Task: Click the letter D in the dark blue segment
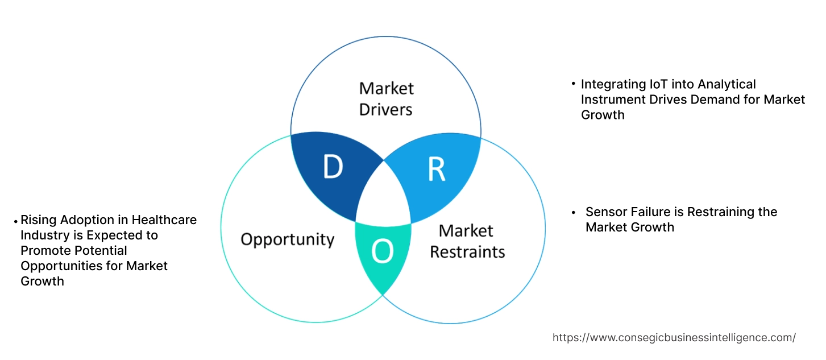tap(333, 167)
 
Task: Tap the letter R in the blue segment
tap(436, 169)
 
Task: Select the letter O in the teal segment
tap(383, 252)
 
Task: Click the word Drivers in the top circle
tap(385, 109)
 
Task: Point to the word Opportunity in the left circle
tap(287, 239)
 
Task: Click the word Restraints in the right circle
tap(467, 251)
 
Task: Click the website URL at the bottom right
tap(674, 337)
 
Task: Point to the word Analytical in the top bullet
tap(728, 84)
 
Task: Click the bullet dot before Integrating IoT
tap(574, 84)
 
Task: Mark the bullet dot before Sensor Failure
tap(574, 212)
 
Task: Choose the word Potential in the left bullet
tap(102, 250)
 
